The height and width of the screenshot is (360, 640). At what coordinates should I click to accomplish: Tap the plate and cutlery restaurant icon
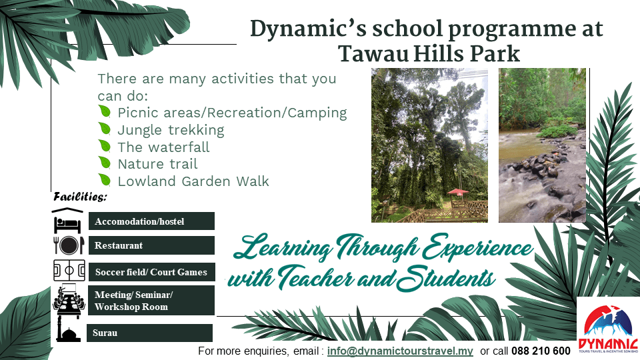pyautogui.click(x=69, y=245)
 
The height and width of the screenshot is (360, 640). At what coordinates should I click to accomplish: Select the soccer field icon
pyautogui.click(x=69, y=270)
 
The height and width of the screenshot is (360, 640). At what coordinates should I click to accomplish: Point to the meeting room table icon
pyautogui.click(x=69, y=300)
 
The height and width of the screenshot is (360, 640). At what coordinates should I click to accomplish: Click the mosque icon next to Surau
pyautogui.click(x=67, y=331)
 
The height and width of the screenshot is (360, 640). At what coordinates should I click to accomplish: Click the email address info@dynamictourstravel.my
pyautogui.click(x=400, y=351)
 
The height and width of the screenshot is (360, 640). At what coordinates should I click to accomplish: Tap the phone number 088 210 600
pyautogui.click(x=541, y=351)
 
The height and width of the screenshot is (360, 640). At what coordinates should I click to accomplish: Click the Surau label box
pyautogui.click(x=149, y=333)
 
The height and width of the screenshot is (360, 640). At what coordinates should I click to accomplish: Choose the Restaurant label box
pyautogui.click(x=151, y=245)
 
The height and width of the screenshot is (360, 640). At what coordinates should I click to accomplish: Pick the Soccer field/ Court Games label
pyautogui.click(x=152, y=272)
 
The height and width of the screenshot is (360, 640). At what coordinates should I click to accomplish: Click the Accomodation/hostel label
pyautogui.click(x=151, y=221)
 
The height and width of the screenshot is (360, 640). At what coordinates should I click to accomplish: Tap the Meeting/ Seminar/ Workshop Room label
pyautogui.click(x=151, y=301)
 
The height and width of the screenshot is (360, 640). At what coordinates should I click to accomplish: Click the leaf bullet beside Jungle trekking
pyautogui.click(x=105, y=129)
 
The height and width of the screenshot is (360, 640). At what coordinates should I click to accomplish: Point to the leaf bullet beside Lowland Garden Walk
pyautogui.click(x=105, y=179)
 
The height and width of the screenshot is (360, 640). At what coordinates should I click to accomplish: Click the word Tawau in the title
pyautogui.click(x=373, y=53)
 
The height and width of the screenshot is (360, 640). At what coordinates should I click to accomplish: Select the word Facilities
pyautogui.click(x=80, y=197)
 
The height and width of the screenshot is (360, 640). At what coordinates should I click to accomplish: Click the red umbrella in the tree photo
pyautogui.click(x=458, y=191)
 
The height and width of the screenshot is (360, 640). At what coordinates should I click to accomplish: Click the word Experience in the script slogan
pyautogui.click(x=477, y=248)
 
